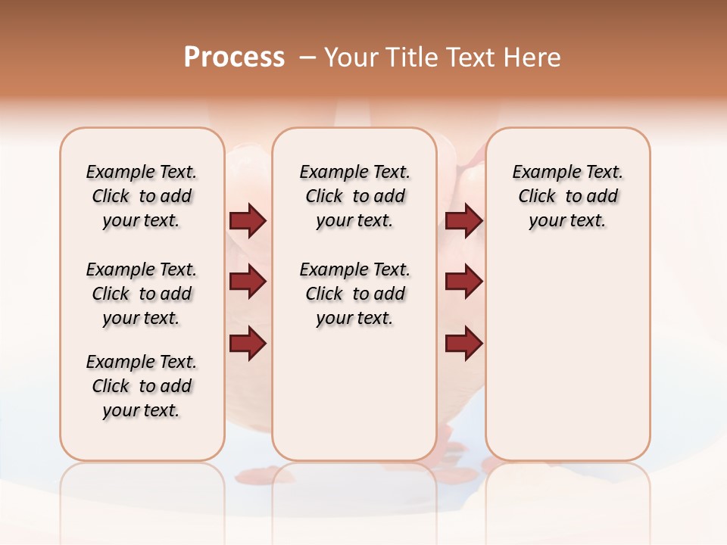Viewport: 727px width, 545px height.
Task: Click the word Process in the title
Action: click(x=234, y=58)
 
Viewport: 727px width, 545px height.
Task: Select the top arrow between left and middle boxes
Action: click(x=248, y=220)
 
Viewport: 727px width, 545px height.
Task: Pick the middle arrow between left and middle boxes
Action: click(x=248, y=282)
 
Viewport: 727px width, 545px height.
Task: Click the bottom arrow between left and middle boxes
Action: click(x=248, y=343)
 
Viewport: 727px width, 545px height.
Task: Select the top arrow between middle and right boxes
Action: click(x=463, y=220)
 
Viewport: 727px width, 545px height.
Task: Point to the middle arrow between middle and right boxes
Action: click(x=463, y=282)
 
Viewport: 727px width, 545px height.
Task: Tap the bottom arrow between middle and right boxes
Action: click(x=463, y=343)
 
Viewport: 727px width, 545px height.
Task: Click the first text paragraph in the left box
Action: click(x=142, y=196)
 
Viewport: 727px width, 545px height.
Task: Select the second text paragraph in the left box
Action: click(x=142, y=294)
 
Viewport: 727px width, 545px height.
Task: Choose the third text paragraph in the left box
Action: click(x=142, y=386)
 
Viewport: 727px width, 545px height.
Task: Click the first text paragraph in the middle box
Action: click(x=354, y=196)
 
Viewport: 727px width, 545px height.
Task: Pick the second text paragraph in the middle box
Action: click(x=354, y=294)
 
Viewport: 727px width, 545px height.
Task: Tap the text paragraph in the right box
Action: click(x=567, y=196)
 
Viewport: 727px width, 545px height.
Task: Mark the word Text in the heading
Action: click(x=473, y=58)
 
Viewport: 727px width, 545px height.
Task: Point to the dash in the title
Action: click(x=307, y=58)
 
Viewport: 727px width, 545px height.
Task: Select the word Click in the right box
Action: click(x=537, y=197)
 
